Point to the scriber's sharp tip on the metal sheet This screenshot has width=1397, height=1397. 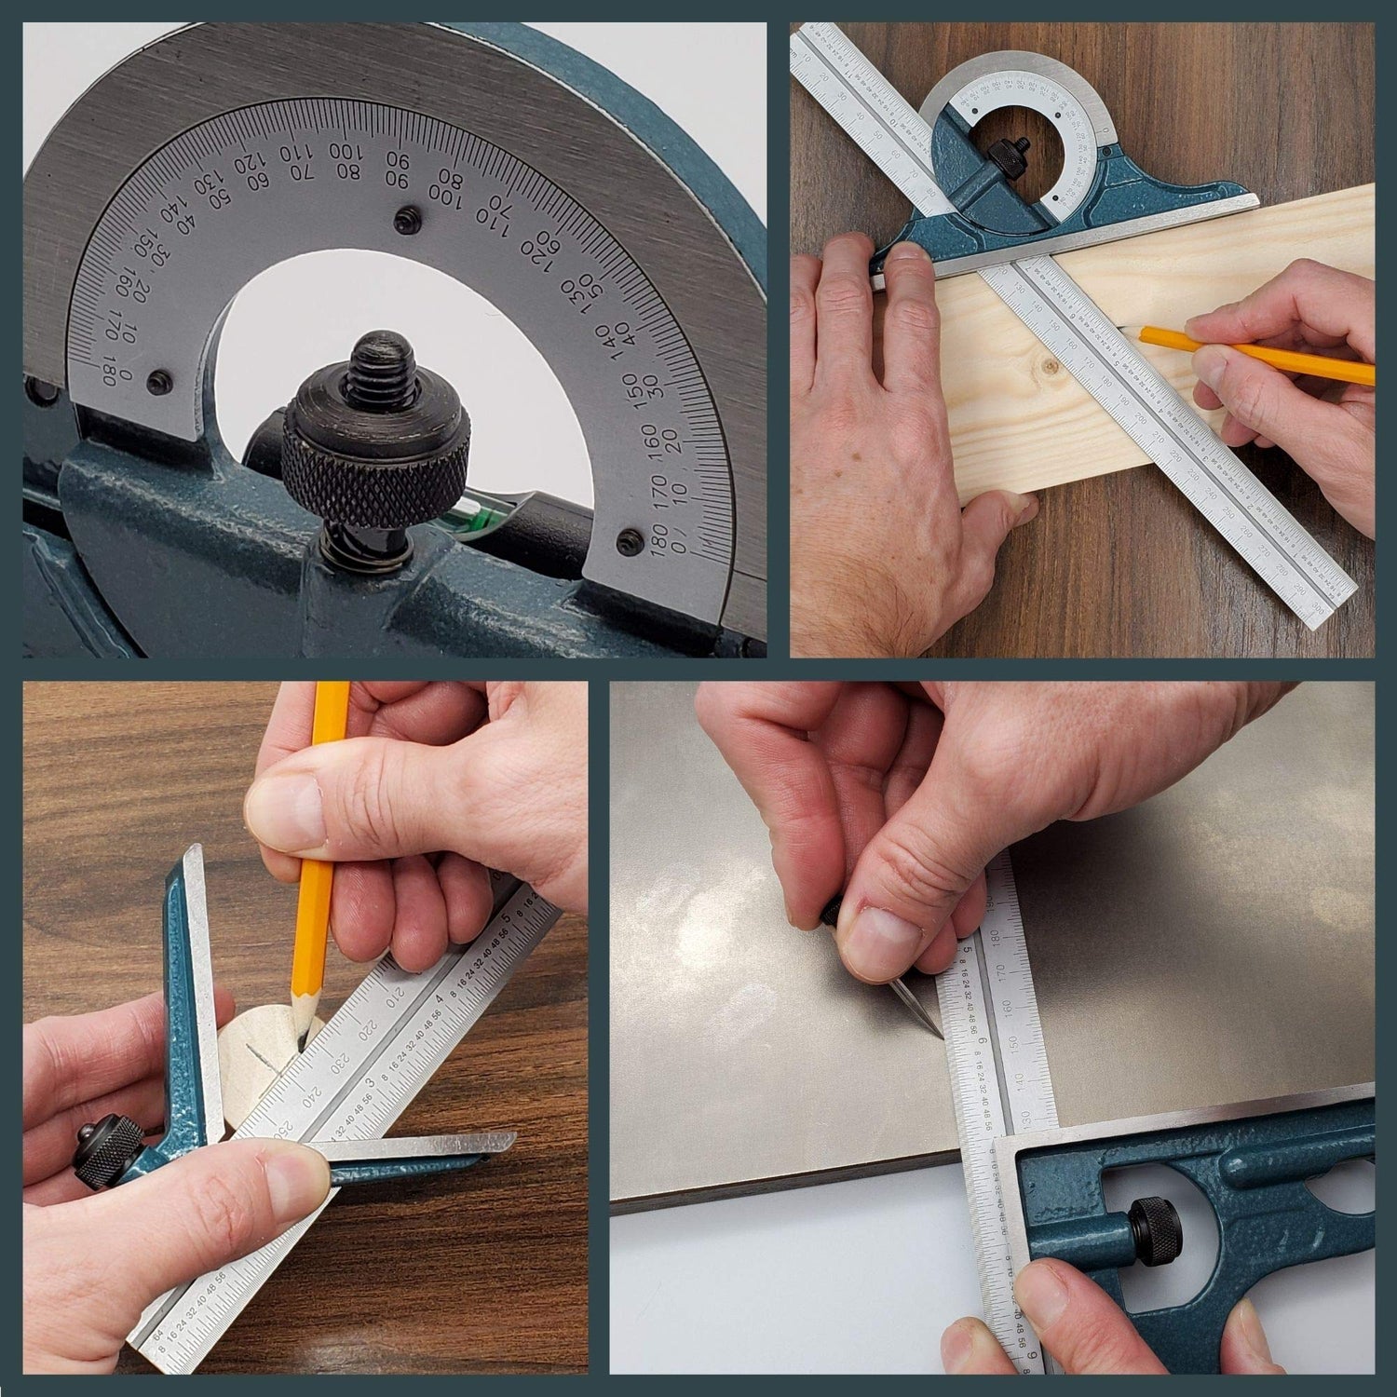coord(938,1035)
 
